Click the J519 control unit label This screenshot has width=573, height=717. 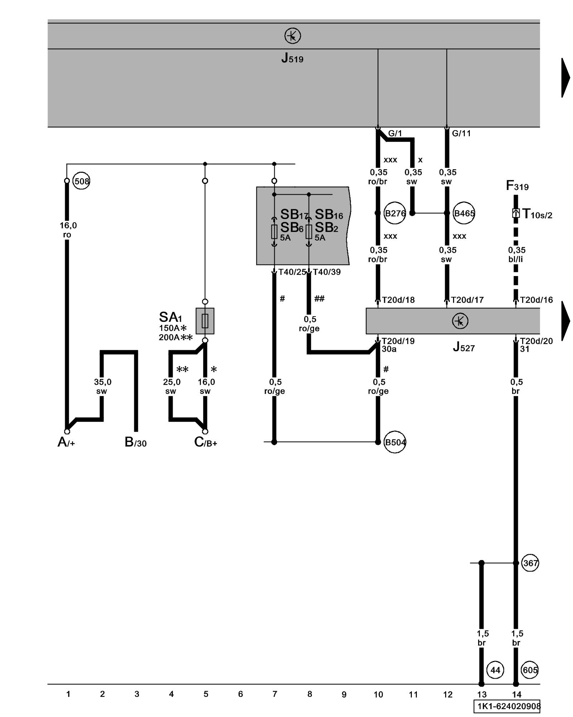pos(292,58)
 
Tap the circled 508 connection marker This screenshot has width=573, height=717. pos(82,181)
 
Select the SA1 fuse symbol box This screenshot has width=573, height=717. pos(205,321)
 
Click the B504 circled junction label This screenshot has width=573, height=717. pos(395,442)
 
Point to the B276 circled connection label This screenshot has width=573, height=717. pos(395,214)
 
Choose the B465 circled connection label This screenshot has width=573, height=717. pos(464,214)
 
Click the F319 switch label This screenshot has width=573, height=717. pos(517,186)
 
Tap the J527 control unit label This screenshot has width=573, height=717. pos(464,347)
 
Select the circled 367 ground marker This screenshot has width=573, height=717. pos(530,563)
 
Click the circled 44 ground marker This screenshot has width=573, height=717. pos(495,670)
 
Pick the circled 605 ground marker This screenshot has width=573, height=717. pos(530,670)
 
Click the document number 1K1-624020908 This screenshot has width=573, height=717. pos(507,706)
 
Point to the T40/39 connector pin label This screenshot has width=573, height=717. pos(327,272)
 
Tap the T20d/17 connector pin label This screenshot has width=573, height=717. pos(467,300)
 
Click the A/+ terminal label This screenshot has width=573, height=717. pos(66,442)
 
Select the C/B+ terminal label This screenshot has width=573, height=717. pos(206,442)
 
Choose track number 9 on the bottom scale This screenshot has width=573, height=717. pos(344,694)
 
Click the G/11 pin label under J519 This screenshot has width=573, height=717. pos(461,133)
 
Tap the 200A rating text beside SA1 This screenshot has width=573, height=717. pos(169,337)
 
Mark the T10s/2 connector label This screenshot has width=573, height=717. pos(537,214)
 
